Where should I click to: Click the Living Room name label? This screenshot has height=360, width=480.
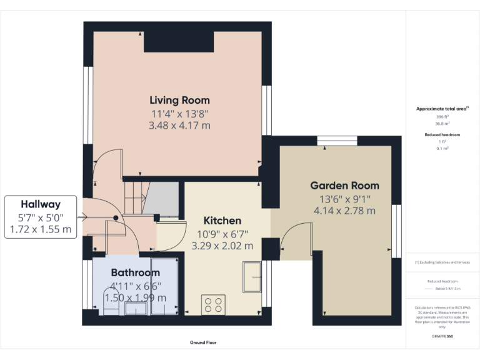coord(179,100)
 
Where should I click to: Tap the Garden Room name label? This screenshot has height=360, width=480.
coord(344,186)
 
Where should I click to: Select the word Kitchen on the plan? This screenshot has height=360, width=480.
coord(222,221)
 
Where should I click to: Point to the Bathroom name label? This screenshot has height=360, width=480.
coord(136,272)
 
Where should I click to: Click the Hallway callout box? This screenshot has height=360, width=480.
coord(41,217)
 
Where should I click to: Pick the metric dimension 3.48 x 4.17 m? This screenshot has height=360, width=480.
coord(179,126)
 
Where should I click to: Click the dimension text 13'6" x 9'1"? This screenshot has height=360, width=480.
coord(344,199)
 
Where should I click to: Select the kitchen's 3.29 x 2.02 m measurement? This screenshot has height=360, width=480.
coord(222,246)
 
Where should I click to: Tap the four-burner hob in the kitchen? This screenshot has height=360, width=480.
coord(213,305)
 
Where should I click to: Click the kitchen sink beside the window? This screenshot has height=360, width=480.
coord(252,277)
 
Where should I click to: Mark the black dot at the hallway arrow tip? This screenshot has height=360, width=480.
coord(116,217)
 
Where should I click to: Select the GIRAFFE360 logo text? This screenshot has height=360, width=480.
coord(442,336)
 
